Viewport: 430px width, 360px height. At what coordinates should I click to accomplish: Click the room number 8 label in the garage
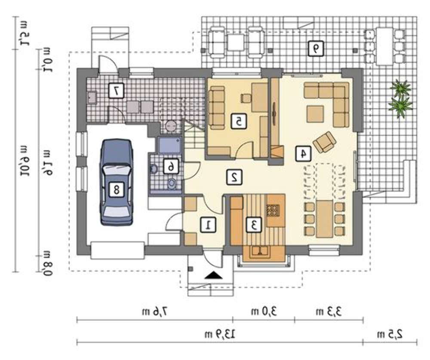[117, 189]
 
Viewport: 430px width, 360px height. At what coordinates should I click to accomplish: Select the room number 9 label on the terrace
[316, 49]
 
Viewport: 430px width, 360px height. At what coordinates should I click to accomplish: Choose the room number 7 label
[116, 90]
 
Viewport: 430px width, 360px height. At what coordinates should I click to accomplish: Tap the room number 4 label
[303, 153]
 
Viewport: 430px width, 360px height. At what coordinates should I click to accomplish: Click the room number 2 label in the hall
[234, 177]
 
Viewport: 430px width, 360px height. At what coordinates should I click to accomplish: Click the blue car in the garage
[117, 182]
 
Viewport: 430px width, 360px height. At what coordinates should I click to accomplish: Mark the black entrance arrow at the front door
[213, 275]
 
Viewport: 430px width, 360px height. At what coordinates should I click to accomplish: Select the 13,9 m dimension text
[220, 334]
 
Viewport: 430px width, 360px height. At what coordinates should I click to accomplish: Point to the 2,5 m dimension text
[390, 334]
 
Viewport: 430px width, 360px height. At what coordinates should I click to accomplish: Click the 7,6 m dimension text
[155, 311]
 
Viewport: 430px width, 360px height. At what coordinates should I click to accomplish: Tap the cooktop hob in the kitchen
[272, 211]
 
